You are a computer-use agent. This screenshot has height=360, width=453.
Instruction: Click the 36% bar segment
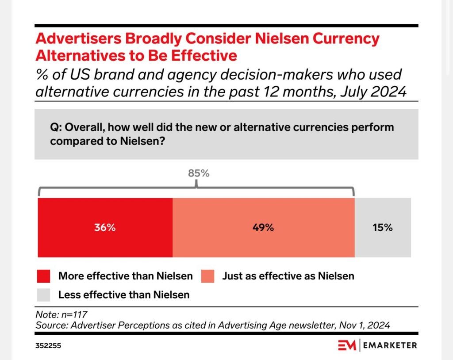tap(105, 227)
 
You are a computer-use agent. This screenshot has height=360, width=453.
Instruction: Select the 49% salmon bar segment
tap(264, 227)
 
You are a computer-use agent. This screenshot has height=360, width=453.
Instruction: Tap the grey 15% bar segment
tap(383, 227)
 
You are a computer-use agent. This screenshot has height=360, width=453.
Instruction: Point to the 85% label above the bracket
tap(199, 173)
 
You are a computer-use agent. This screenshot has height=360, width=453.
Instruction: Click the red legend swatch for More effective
tap(44, 276)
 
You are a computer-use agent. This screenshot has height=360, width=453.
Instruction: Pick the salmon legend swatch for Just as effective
tap(208, 276)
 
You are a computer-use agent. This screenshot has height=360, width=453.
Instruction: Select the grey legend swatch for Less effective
tap(44, 295)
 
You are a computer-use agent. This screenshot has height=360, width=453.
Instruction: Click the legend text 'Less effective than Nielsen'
tap(124, 295)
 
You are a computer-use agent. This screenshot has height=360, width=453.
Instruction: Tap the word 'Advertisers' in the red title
tap(78, 38)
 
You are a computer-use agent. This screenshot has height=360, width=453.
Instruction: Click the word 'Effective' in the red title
tap(204, 55)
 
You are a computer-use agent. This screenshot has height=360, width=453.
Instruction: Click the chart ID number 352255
tap(48, 345)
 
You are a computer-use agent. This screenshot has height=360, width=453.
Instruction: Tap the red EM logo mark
tap(347, 345)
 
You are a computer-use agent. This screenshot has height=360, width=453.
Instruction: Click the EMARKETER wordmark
tap(390, 345)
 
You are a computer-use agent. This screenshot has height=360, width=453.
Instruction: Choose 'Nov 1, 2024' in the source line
tap(365, 326)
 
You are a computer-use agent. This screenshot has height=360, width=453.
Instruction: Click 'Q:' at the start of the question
tap(55, 127)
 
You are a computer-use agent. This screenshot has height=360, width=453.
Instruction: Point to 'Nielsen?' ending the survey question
tap(142, 141)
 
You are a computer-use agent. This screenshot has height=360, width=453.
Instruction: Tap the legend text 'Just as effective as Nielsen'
tap(288, 276)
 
